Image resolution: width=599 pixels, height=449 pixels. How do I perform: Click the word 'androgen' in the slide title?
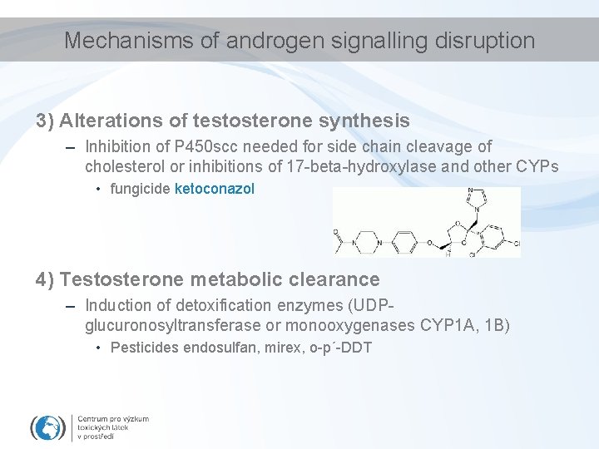click(x=255, y=40)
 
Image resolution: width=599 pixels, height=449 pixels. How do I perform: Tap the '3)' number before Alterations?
click(x=45, y=121)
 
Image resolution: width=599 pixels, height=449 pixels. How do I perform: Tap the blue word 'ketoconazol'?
click(x=215, y=190)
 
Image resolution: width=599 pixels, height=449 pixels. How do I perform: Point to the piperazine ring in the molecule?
click(x=365, y=244)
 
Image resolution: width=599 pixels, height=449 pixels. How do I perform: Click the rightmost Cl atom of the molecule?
click(x=516, y=244)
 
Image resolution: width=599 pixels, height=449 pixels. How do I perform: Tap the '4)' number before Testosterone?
click(x=45, y=279)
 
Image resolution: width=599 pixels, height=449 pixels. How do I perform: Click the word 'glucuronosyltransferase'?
click(x=167, y=325)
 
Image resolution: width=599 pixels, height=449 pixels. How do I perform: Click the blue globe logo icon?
click(x=47, y=427)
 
